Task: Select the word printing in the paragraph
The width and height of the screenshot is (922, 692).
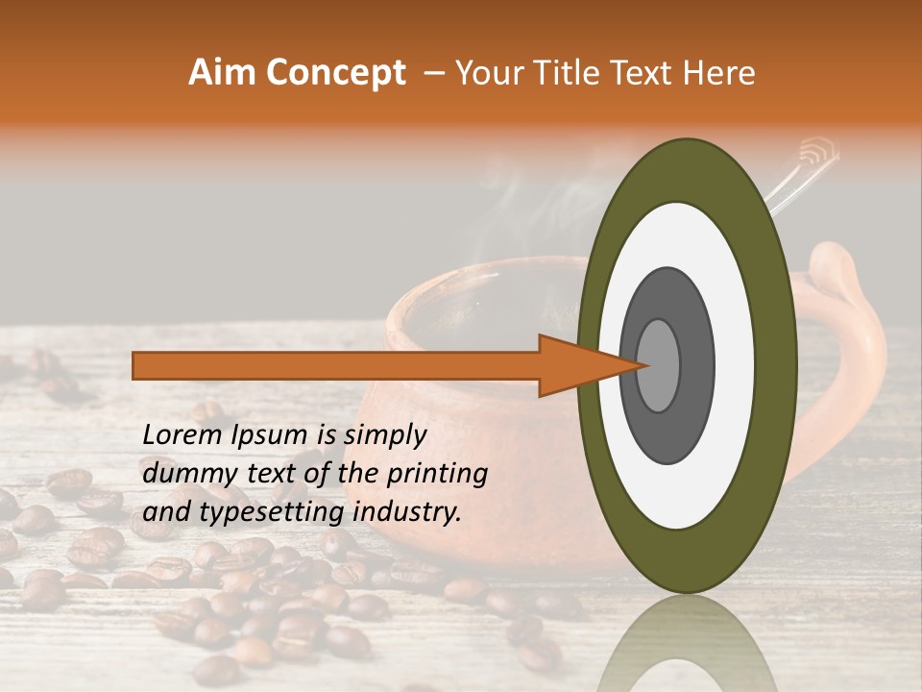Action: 437,474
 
